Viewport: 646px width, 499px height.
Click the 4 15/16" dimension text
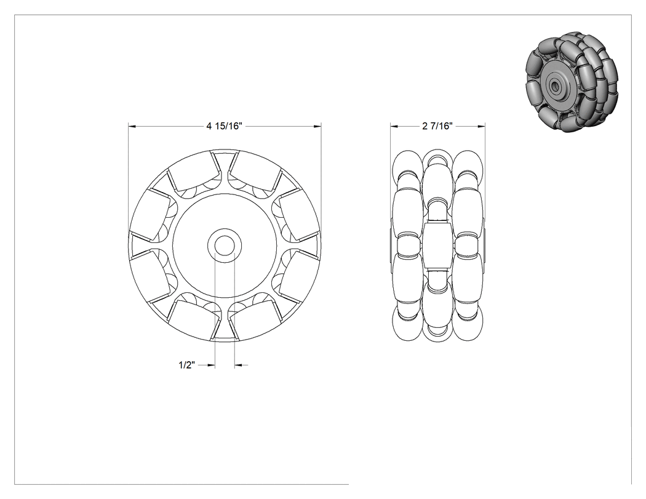coord(224,126)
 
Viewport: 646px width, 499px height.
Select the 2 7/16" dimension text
coord(437,126)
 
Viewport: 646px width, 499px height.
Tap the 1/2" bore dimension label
coord(186,365)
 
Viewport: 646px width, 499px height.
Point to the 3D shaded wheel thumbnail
coord(573,82)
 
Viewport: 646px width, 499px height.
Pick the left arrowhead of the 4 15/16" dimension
coord(132,126)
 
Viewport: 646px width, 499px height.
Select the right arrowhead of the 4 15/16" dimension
coord(317,126)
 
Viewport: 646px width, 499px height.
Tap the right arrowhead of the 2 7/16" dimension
coord(481,126)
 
